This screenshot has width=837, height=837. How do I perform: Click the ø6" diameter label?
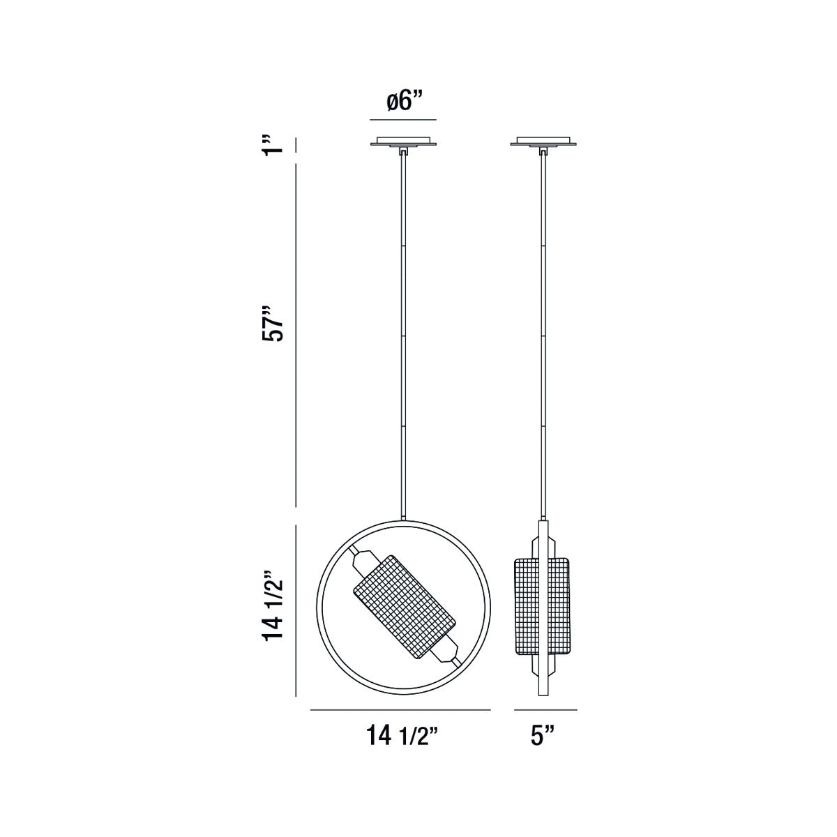(405, 102)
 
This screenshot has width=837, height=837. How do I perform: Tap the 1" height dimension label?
(276, 145)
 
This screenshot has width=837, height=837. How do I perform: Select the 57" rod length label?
(275, 322)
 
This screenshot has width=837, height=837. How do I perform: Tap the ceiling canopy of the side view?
(543, 142)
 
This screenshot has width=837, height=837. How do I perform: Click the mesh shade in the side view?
(543, 606)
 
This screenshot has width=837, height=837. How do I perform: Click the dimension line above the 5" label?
(545, 709)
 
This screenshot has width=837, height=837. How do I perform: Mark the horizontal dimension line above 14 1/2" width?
(400, 709)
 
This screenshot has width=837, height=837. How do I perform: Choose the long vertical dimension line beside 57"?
(296, 335)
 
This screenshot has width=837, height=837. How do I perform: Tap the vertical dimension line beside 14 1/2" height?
(296, 611)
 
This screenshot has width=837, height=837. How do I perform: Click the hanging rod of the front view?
(403, 335)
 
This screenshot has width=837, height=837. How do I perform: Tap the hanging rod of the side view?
(543, 335)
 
